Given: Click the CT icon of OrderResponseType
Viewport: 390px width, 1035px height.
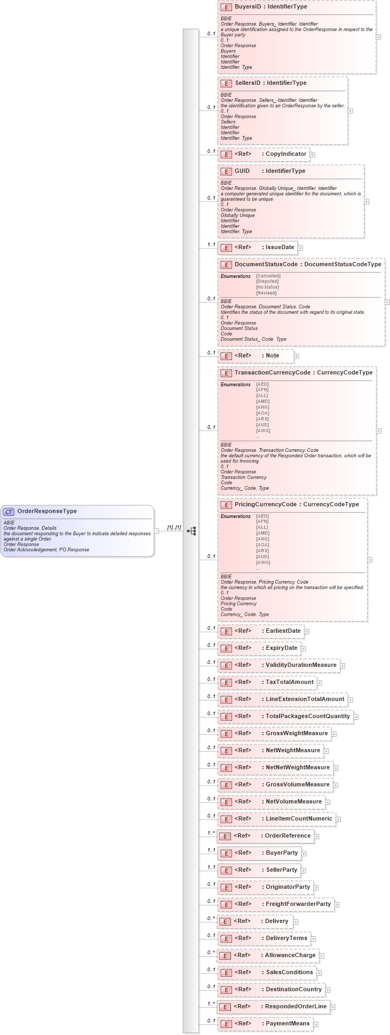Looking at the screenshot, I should (x=9, y=512).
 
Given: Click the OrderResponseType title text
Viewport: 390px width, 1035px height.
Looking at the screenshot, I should (x=47, y=511).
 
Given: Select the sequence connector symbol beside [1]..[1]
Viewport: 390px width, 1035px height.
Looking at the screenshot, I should (x=192, y=531).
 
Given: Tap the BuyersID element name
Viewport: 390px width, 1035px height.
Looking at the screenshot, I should (x=248, y=7).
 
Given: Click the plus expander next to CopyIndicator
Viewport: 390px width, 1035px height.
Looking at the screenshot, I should (x=313, y=155).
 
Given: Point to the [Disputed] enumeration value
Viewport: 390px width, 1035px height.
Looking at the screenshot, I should (x=266, y=282).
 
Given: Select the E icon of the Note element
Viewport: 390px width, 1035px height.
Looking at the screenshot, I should (x=226, y=356).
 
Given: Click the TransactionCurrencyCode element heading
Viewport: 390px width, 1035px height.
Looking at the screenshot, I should (x=272, y=372).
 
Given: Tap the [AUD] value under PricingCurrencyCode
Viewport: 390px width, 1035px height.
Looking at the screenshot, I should (x=262, y=556).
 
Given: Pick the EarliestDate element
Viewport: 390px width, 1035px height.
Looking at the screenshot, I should (x=283, y=631).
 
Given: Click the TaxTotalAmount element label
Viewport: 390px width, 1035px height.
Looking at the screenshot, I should (x=289, y=682).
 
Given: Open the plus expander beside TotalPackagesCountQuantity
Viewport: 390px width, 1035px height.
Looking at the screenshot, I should (x=356, y=717).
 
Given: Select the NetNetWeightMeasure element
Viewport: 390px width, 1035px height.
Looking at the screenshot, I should (x=297, y=768).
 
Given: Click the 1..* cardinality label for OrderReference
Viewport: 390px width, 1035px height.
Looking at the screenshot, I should (x=211, y=833).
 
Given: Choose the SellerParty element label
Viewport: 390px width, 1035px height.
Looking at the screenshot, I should (x=281, y=870).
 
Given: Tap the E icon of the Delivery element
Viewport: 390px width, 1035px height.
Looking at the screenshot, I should (x=225, y=921).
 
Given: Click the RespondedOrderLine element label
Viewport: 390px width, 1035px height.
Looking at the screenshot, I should (x=296, y=1007).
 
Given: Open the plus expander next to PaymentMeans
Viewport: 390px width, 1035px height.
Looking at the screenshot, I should (x=315, y=1024).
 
